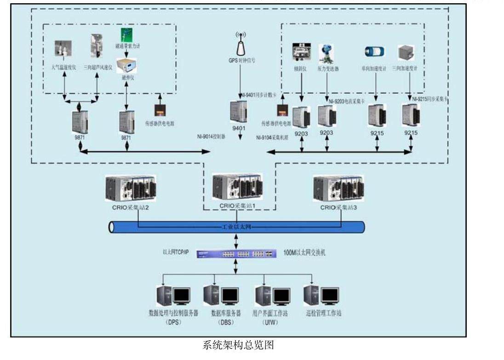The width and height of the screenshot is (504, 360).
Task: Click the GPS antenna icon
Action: point(241,44)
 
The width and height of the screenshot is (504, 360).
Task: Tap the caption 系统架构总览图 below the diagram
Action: point(238,345)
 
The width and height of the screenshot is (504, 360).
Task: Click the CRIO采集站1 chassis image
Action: point(237,187)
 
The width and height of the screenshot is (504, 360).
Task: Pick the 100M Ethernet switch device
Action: point(236,254)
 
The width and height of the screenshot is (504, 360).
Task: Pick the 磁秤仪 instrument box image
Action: point(126,66)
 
